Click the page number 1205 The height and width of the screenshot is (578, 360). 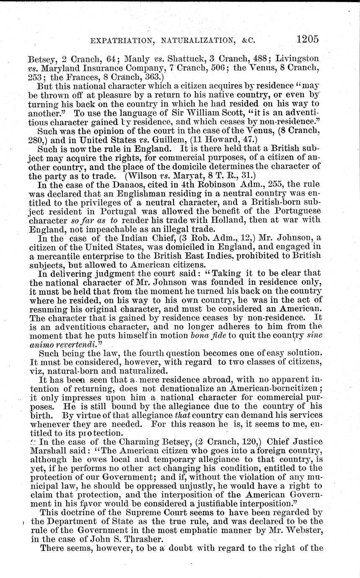coord(307,39)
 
